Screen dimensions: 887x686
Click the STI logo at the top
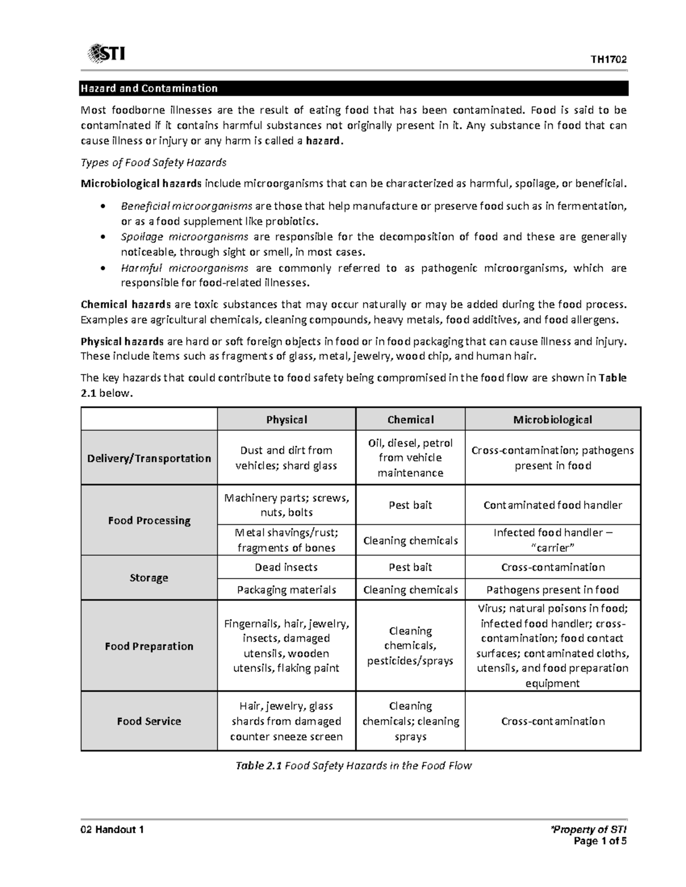point(106,54)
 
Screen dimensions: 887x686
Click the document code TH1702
point(609,60)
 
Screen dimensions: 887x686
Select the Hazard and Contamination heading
point(149,89)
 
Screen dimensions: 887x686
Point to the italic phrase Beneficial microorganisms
point(186,206)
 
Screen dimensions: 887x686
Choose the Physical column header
point(286,420)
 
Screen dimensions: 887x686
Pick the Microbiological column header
point(552,420)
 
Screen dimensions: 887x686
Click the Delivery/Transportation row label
point(149,458)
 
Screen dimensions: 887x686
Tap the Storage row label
point(149,577)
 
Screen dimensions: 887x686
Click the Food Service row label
point(149,721)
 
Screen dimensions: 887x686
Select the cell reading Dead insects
point(286,567)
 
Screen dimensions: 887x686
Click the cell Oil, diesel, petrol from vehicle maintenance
point(410,457)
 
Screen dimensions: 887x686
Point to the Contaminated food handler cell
point(552,505)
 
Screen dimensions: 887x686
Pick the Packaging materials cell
point(286,589)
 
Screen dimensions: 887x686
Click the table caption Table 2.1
point(258,766)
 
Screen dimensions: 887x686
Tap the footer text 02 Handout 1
point(112,830)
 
